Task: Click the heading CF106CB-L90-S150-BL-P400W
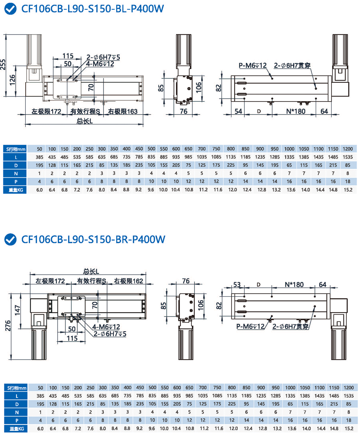point(93,9)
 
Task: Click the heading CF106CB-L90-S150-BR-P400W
point(93,239)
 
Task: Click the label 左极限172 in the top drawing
point(46,111)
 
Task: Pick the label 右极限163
point(123,111)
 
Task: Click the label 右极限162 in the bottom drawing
point(129,281)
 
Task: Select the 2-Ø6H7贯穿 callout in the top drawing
point(292,65)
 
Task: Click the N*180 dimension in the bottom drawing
point(294,284)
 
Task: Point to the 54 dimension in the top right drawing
point(238,111)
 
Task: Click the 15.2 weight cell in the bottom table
point(348,429)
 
